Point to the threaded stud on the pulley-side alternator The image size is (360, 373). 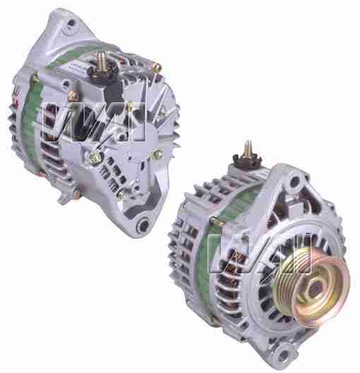[249, 149]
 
